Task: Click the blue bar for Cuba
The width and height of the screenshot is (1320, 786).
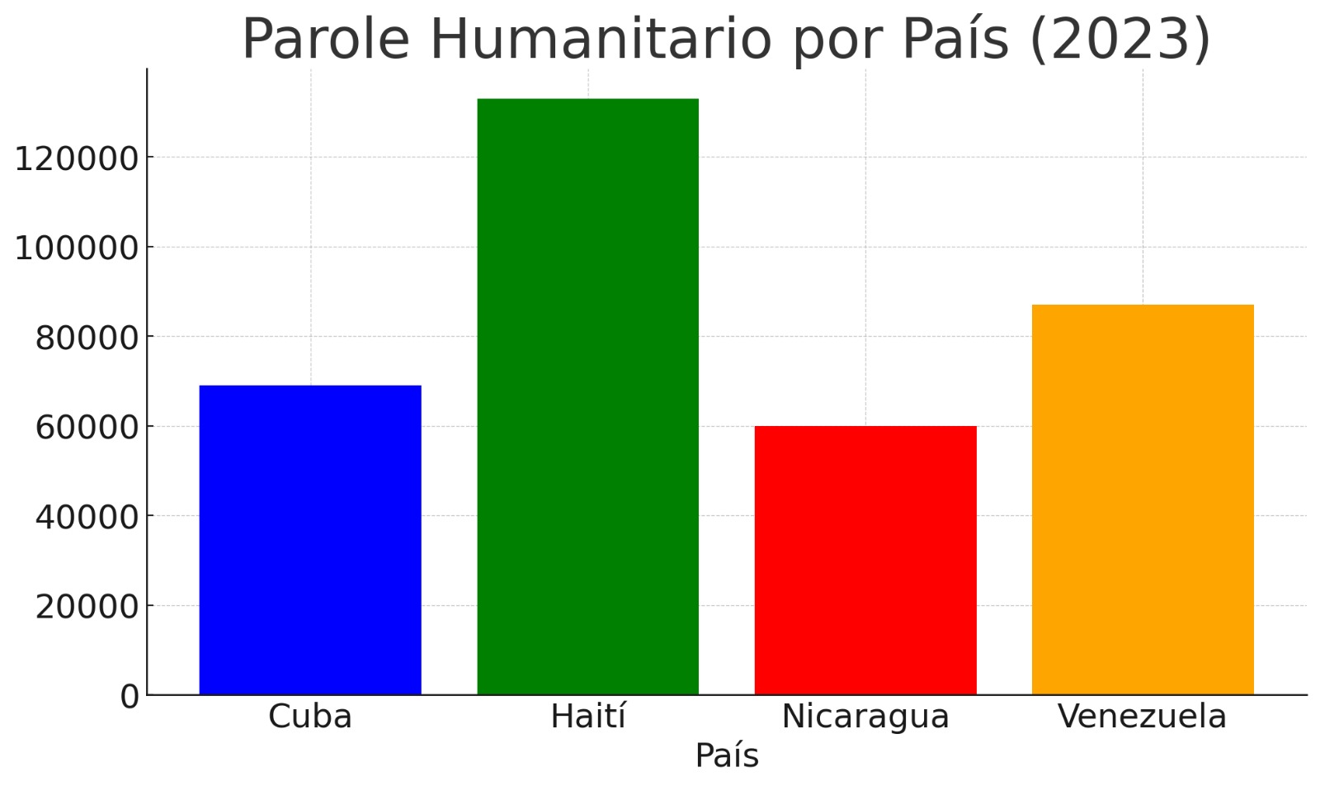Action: pyautogui.click(x=310, y=540)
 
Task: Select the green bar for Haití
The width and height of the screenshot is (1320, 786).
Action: pyautogui.click(x=587, y=396)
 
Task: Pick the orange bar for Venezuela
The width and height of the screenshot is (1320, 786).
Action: pyautogui.click(x=1143, y=500)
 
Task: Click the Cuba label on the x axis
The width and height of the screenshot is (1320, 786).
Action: pyautogui.click(x=310, y=717)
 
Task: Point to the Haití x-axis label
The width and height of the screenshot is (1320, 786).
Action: pyautogui.click(x=587, y=717)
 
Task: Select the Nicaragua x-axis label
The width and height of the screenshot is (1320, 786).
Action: pyautogui.click(x=865, y=717)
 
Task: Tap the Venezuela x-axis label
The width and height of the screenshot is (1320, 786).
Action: pyautogui.click(x=1143, y=717)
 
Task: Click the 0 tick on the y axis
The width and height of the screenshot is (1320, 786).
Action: pyautogui.click(x=130, y=697)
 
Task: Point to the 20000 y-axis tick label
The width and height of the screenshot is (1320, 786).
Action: pyautogui.click(x=86, y=607)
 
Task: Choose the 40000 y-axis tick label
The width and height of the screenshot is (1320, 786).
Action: pyautogui.click(x=86, y=517)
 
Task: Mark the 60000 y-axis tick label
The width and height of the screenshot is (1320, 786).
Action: pyautogui.click(x=86, y=428)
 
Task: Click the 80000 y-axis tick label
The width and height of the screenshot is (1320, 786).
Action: pyautogui.click(x=86, y=338)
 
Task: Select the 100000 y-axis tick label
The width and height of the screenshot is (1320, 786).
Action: pyautogui.click(x=76, y=248)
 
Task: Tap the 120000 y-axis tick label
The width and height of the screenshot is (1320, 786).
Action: pyautogui.click(x=76, y=159)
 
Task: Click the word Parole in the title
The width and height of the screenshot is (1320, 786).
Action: pyautogui.click(x=326, y=39)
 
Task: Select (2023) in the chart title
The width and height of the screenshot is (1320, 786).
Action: pyautogui.click(x=1120, y=39)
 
